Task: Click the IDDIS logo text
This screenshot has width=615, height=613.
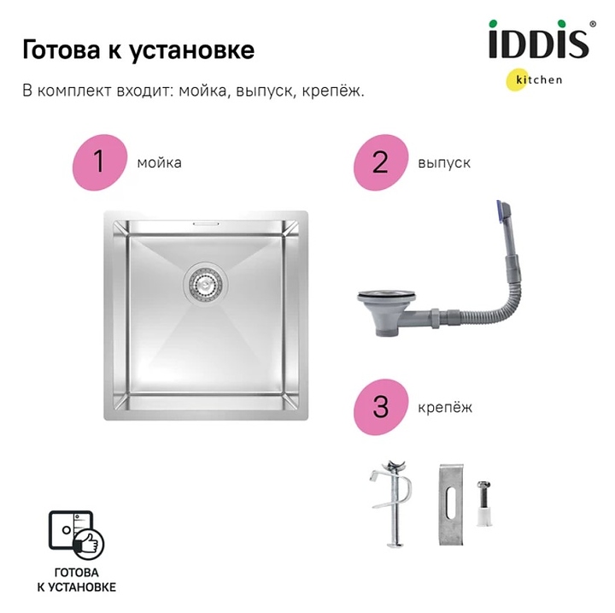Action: [538, 39]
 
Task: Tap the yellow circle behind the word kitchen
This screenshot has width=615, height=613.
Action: [517, 80]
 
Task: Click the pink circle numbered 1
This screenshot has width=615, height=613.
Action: [100, 162]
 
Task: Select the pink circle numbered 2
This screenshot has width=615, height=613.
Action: [381, 162]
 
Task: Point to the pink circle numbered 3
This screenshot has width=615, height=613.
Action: [381, 407]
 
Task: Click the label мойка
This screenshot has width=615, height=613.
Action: [159, 162]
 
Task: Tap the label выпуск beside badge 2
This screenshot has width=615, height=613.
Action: [444, 163]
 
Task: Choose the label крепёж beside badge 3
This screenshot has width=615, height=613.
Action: [445, 408]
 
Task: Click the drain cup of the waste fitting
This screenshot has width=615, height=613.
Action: [386, 312]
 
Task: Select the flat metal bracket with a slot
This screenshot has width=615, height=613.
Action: [451, 504]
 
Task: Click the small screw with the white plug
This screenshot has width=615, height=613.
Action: [483, 504]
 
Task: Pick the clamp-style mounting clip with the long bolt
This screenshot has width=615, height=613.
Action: [391, 503]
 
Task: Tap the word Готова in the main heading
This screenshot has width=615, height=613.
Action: [61, 50]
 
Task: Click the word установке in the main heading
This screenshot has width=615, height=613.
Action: [192, 51]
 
